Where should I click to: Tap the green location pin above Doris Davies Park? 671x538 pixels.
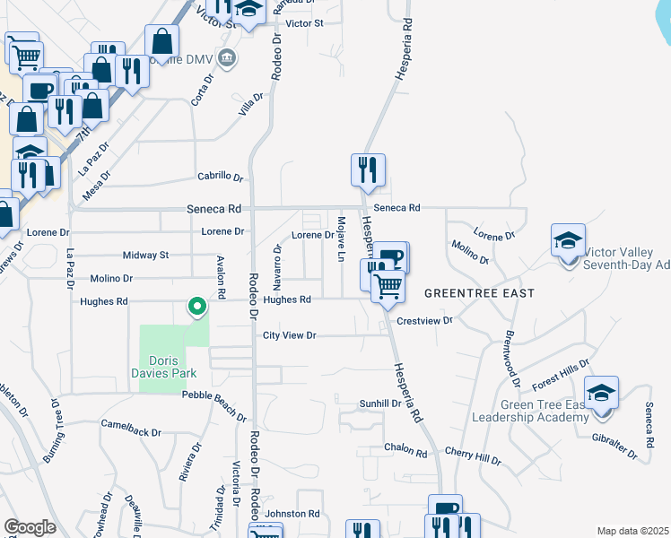pos(197,308)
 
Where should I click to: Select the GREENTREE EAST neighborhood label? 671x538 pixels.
pos(479,293)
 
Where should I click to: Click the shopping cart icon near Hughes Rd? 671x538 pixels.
pos(388,287)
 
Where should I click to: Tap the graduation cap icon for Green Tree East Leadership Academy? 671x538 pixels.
pos(601,393)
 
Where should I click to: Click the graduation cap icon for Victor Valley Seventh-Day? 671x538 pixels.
pos(567,240)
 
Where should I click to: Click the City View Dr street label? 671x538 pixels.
pos(290,335)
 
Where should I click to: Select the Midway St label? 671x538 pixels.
pos(145,256)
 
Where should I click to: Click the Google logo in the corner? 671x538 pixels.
pos(30,527)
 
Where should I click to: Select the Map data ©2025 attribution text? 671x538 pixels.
pos(632,531)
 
